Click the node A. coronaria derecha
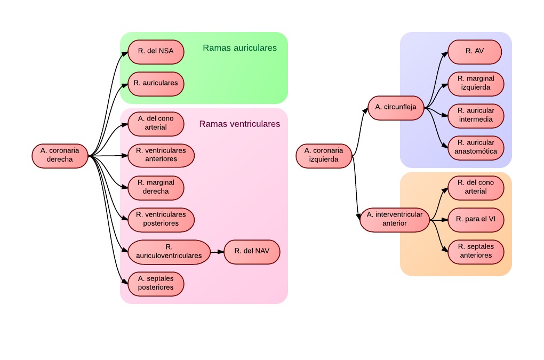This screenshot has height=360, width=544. [60, 155]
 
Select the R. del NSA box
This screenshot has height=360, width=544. [156, 52]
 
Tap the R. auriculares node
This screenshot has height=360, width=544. [156, 84]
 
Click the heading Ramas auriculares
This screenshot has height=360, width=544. [239, 48]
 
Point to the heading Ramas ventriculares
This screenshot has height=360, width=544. [239, 124]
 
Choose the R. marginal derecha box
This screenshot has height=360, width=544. [156, 187]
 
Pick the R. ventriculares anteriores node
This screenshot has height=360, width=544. [161, 155]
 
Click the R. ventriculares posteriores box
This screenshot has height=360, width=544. [161, 219]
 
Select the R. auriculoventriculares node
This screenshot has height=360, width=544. [169, 252]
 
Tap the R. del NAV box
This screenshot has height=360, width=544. [252, 252]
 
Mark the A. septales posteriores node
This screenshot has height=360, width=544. [156, 283]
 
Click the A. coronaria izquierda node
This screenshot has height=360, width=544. [324, 155]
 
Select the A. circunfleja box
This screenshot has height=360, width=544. [396, 107]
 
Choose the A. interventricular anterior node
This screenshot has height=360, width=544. [395, 219]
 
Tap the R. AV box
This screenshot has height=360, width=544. [475, 52]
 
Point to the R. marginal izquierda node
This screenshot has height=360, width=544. [476, 84]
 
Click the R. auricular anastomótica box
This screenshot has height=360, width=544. [476, 148]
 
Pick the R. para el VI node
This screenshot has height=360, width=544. [476, 219]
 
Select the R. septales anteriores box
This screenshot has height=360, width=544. [476, 251]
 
